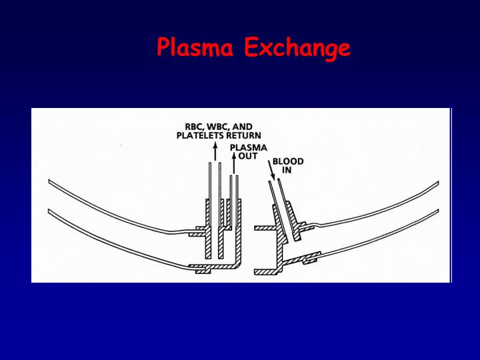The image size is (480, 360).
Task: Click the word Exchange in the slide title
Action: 297,48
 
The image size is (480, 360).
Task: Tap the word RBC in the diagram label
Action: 194,127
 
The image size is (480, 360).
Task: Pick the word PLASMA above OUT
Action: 248,147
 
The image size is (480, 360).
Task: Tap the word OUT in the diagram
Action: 248,156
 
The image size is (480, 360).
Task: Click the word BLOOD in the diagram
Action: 287,161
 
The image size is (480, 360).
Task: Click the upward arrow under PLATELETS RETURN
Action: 214,150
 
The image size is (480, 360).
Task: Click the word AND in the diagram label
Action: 241,127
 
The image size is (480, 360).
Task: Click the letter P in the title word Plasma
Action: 164,47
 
